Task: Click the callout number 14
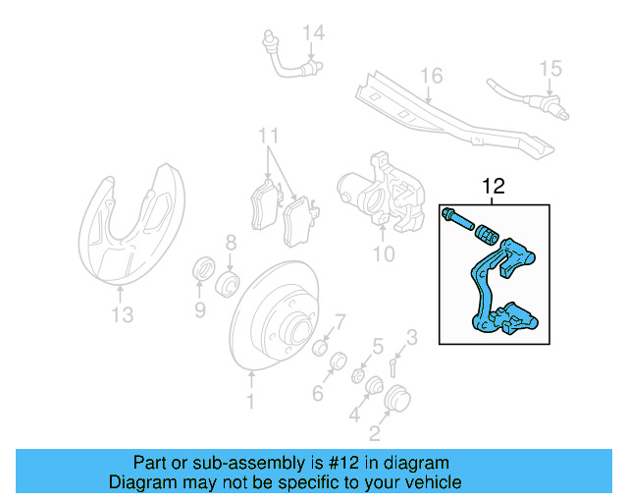[312, 34]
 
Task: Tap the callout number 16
[432, 76]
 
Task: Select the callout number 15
[550, 68]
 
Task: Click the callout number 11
[269, 136]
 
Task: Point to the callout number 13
[121, 314]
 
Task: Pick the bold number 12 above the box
[492, 187]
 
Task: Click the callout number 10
[384, 254]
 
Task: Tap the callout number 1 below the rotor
[251, 401]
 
